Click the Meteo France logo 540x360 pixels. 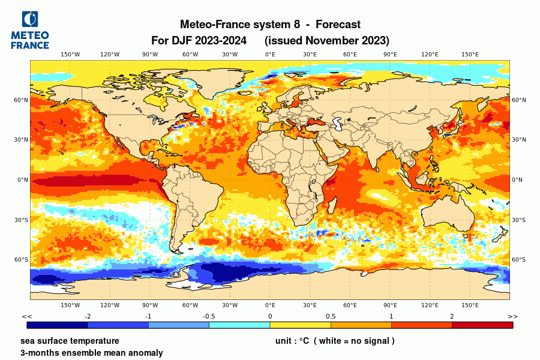click(29, 29)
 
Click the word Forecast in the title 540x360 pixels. click(338, 25)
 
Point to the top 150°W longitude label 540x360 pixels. click(70, 55)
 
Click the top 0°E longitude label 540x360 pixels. click(270, 55)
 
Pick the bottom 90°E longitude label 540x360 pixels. click(390, 305)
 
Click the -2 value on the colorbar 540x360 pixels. click(88, 316)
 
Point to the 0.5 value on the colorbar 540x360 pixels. click(331, 316)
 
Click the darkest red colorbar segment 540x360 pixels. click(482, 325)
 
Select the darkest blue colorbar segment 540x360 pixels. click(58, 325)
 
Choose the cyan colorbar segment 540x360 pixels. click(239, 325)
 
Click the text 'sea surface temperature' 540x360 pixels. click(69, 341)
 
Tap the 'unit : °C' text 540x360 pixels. click(292, 341)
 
